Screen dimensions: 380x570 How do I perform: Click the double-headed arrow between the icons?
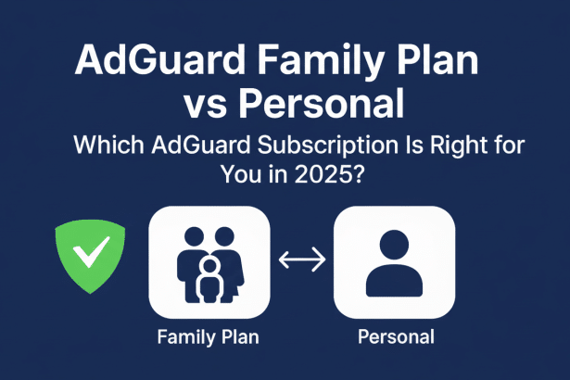pyautogui.click(x=301, y=262)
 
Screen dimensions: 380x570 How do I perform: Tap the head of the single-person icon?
pyautogui.click(x=394, y=246)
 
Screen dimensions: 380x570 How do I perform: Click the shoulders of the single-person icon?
pyautogui.click(x=394, y=282)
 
